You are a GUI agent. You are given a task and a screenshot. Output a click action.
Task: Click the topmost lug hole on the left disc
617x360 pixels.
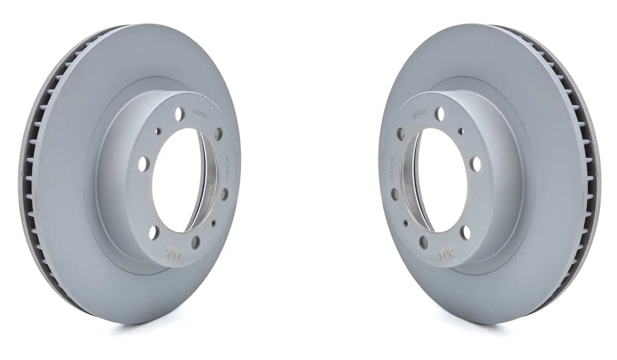(x=179, y=114)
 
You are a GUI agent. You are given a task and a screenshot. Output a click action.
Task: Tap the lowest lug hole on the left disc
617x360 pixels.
(x=195, y=242)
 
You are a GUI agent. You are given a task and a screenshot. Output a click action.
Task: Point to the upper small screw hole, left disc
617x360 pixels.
(x=158, y=131)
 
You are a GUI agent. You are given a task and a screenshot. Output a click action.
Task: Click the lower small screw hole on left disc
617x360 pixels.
(x=213, y=223)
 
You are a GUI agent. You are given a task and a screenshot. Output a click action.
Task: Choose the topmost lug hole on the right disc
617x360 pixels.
(x=440, y=114)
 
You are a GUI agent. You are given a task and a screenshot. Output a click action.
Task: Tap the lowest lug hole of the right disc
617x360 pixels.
(x=423, y=242)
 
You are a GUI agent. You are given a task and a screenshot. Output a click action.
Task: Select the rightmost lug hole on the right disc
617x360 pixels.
(x=476, y=164)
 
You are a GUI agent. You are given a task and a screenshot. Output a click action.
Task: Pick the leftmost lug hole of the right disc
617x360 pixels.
(x=394, y=194)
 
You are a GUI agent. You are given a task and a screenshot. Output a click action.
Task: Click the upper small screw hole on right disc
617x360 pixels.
(x=460, y=131)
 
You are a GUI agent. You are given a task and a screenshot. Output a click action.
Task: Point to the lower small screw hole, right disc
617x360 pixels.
(x=406, y=223)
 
